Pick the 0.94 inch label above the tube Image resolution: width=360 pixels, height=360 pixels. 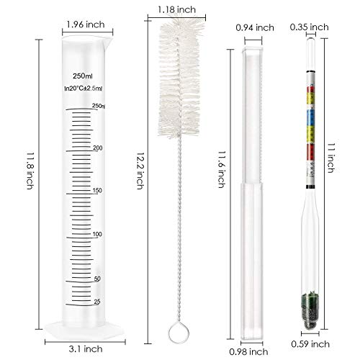tap(255, 27)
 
